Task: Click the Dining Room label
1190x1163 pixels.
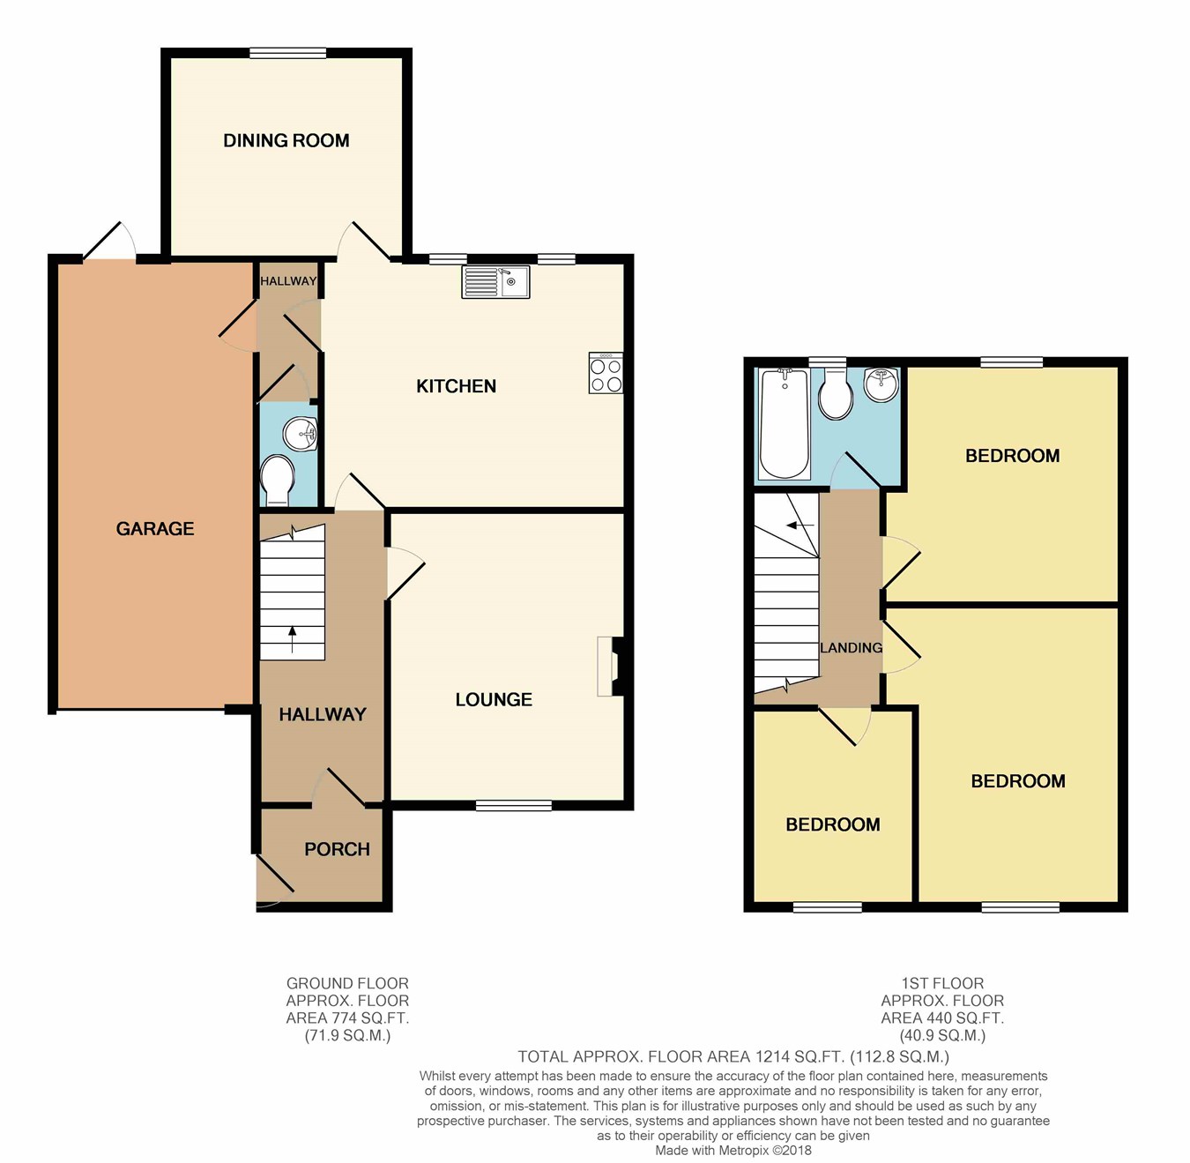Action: click(286, 141)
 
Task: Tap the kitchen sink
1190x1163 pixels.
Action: click(495, 282)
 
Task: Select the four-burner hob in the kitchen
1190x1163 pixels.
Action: click(606, 373)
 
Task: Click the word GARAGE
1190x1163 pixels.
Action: click(155, 528)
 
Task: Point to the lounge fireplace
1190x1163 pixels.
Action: click(611, 667)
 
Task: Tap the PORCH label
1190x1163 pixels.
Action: click(338, 849)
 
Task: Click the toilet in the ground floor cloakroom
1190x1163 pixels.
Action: click(277, 481)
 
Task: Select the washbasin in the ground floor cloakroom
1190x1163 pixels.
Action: click(301, 433)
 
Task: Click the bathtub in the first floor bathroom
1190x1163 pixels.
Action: click(784, 423)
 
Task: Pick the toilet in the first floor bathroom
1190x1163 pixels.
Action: click(836, 394)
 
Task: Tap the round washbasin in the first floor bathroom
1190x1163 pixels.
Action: click(881, 384)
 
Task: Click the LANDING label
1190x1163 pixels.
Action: click(852, 647)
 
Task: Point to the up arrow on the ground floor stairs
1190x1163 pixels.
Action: click(293, 639)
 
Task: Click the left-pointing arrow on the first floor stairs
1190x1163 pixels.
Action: click(800, 525)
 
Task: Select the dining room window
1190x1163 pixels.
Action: click(287, 53)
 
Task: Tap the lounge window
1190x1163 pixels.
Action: click(514, 806)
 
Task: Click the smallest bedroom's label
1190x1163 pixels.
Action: click(833, 824)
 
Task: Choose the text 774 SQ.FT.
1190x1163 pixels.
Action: click(370, 1018)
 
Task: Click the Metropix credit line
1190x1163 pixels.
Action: click(733, 1150)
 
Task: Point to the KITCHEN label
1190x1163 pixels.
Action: click(457, 386)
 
